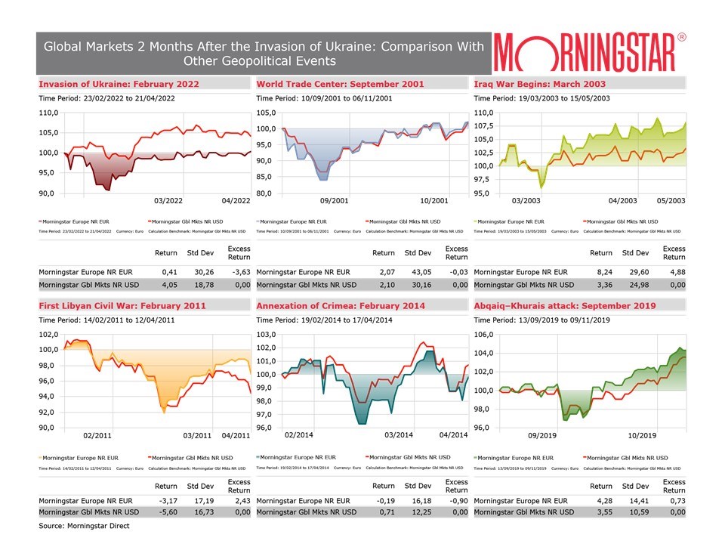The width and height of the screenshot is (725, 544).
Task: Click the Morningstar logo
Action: [591, 51]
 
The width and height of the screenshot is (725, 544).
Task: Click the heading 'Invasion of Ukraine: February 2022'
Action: [119, 83]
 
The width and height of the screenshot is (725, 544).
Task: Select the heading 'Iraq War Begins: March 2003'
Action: [539, 83]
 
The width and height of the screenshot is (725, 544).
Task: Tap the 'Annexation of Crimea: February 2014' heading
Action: [341, 305]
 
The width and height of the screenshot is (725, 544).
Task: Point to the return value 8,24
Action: [601, 271]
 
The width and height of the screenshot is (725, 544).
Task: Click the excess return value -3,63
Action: [239, 271]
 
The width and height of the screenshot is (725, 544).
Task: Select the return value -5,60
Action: [165, 512]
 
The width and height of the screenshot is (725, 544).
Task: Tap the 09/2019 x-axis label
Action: [543, 435]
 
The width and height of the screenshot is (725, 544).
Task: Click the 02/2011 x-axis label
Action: [97, 435]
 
